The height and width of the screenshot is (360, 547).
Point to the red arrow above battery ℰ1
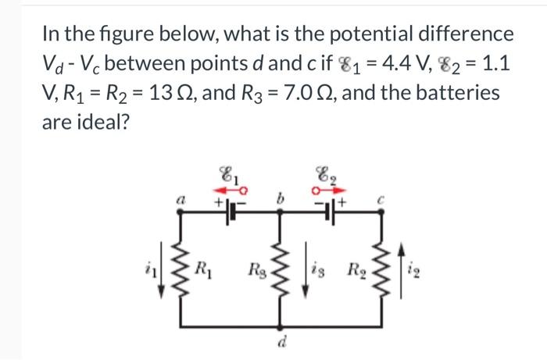click(x=229, y=189)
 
